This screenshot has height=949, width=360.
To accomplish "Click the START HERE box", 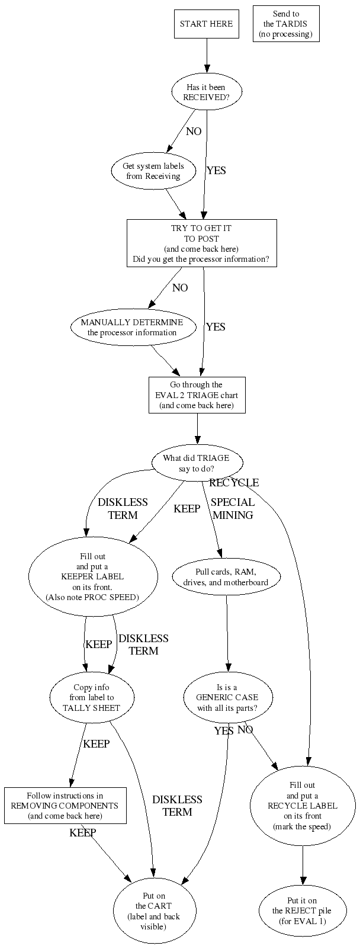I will click(207, 24).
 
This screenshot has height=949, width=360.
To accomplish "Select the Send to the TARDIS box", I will click(286, 24).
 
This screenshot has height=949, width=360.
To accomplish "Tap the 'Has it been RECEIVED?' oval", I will click(207, 92).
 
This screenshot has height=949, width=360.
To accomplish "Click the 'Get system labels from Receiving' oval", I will click(153, 171).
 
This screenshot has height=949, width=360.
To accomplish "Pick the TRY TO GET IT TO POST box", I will click(201, 243).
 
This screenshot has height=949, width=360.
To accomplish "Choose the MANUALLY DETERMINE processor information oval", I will click(132, 327).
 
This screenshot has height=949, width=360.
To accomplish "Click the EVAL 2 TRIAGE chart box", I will click(197, 395).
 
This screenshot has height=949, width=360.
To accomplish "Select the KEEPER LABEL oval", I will click(92, 577).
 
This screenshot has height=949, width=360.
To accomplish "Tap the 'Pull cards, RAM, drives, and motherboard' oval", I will click(226, 577).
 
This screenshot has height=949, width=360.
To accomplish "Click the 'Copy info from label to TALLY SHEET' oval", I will click(91, 698).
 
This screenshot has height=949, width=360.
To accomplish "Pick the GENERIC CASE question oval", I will click(227, 698).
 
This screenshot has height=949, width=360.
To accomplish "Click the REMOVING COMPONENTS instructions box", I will click(65, 806).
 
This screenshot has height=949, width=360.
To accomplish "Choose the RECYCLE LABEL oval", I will click(303, 806).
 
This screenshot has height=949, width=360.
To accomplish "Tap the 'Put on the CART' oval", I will click(153, 911).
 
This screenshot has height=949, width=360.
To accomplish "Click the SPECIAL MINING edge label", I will click(233, 508).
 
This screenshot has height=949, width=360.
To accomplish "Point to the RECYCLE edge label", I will click(234, 483).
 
